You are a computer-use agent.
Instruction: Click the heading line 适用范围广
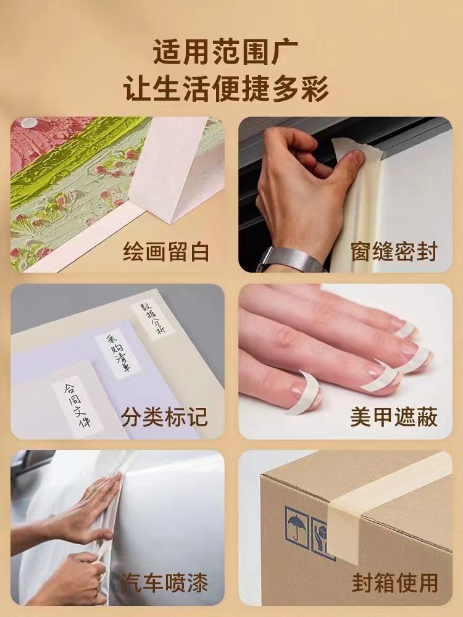pyautogui.click(x=225, y=52)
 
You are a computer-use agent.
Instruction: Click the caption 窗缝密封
pyautogui.click(x=394, y=252)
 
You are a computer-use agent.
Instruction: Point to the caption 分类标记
pyautogui.click(x=164, y=416)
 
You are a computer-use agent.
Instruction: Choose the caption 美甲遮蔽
pyautogui.click(x=394, y=416)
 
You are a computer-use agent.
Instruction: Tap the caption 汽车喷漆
pyautogui.click(x=164, y=582)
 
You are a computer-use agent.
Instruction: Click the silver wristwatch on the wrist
pyautogui.click(x=290, y=260)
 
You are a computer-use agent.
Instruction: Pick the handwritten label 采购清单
pyautogui.click(x=117, y=355)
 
